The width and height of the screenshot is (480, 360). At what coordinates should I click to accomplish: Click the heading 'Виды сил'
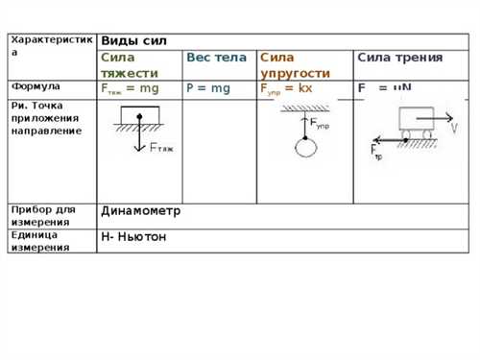click(x=133, y=41)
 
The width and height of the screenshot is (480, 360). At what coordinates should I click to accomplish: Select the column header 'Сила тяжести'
click(x=124, y=65)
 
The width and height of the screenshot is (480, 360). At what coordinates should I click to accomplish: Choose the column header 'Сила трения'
click(x=399, y=58)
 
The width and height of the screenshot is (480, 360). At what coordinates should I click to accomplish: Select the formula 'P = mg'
click(x=208, y=88)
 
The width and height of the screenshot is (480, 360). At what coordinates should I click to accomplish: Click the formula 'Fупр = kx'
click(x=286, y=88)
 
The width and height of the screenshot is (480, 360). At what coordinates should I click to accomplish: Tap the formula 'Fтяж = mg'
click(x=130, y=88)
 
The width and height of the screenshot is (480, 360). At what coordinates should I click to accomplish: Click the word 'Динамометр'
click(x=140, y=210)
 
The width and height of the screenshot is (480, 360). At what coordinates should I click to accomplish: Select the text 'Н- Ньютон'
click(x=133, y=236)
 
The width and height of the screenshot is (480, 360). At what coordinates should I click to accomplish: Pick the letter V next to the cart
click(x=454, y=127)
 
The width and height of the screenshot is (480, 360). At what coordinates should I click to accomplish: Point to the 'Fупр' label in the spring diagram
click(x=321, y=125)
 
